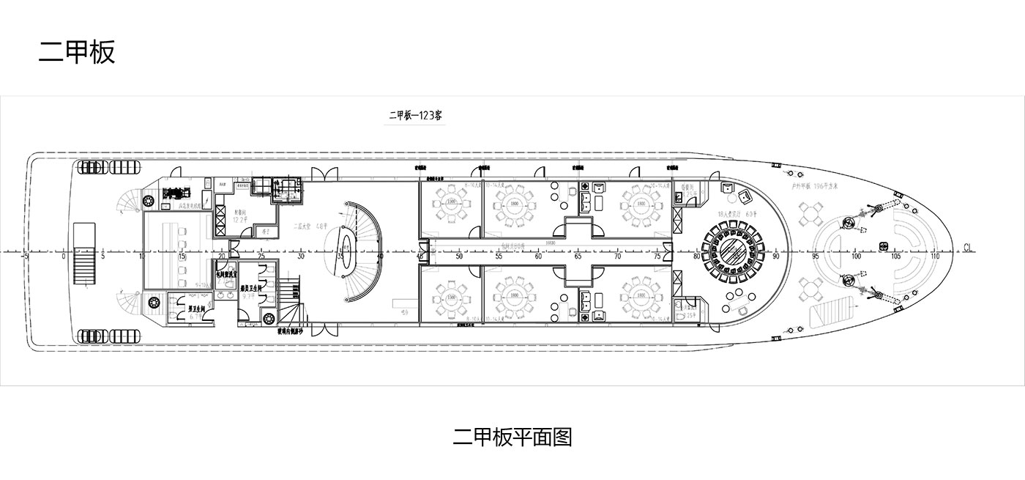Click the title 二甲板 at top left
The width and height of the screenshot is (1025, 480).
(77, 52)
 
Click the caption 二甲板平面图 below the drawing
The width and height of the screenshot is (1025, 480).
(512, 437)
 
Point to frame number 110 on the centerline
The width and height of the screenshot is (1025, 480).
(935, 257)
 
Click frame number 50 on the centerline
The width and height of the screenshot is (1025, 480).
(459, 257)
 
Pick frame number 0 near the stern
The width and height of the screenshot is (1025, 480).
(64, 257)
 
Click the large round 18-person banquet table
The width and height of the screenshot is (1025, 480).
(734, 251)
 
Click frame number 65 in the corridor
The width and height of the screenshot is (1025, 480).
(578, 257)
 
